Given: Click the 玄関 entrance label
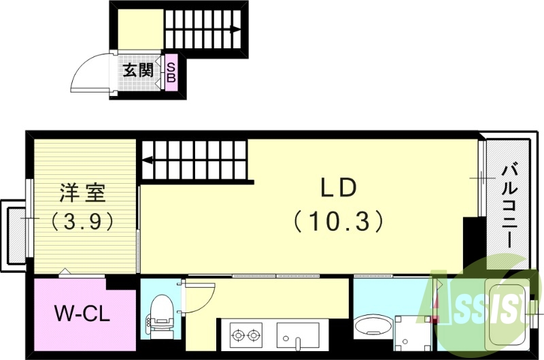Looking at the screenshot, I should tap(138, 70).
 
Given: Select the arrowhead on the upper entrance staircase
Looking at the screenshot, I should tap(235, 29).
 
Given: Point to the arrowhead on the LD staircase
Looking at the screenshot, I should tap(147, 161).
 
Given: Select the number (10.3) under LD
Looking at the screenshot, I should tap(339, 220).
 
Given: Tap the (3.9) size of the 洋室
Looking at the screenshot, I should tap(81, 221).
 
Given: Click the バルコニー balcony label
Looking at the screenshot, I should tap(507, 204).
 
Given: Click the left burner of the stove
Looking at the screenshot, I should tap(239, 335).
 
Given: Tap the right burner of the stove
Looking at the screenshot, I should tap(255, 335).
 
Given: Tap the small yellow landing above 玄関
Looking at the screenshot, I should tap(139, 29).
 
